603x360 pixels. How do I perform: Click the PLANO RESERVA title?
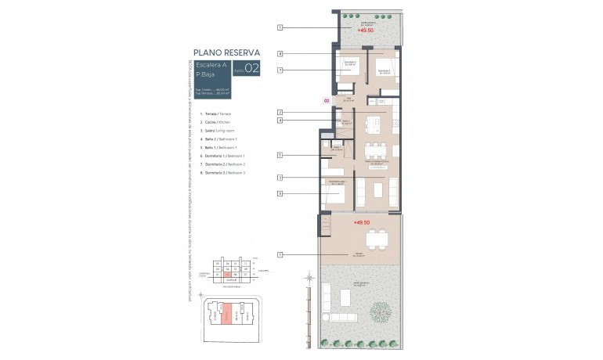tap(226, 52)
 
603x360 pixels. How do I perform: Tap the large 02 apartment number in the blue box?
tap(252, 69)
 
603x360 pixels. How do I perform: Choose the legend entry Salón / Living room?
tap(219, 131)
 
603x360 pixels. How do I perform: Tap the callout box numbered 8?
tap(280, 193)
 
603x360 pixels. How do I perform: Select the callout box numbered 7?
tap(280, 70)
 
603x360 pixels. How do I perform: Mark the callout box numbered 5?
tap(280, 156)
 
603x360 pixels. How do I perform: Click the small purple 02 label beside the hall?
tap(327, 101)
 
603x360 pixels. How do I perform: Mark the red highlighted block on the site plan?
tap(227, 316)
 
